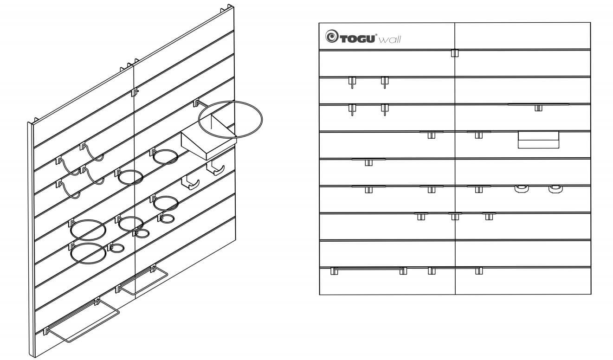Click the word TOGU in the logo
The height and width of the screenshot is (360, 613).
tap(357, 39)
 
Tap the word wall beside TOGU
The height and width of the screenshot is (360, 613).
tap(390, 40)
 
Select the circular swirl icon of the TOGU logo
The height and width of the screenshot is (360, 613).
tap(332, 36)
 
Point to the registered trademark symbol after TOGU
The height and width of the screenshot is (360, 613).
tap(376, 35)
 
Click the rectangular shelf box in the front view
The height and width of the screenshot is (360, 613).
tap(538, 140)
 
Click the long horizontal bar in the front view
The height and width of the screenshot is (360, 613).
tap(368, 269)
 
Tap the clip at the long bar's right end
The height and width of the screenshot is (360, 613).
tap(403, 271)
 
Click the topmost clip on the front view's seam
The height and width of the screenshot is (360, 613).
tap(455, 53)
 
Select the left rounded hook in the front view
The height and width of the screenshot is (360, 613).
tap(522, 189)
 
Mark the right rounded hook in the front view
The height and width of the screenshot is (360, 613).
tap(556, 189)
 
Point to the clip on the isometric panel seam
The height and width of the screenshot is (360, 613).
tap(135, 92)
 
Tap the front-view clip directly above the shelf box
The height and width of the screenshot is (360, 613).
tap(538, 108)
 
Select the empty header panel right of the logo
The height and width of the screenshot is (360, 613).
tap(523, 36)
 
